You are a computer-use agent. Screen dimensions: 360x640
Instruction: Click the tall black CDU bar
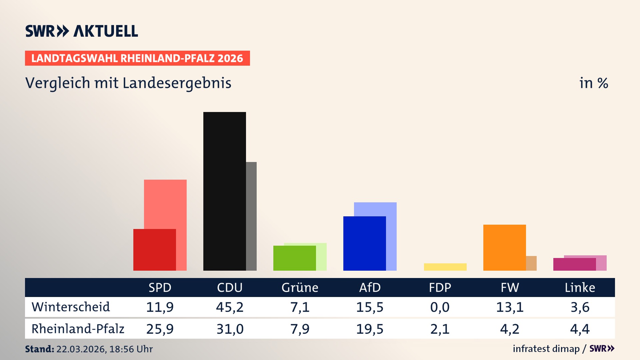(x=224, y=191)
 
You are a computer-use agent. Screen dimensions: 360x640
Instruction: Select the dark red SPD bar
(x=154, y=250)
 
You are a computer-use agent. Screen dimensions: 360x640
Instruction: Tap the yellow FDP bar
(x=445, y=267)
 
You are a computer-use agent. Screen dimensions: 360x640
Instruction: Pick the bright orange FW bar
(x=504, y=247)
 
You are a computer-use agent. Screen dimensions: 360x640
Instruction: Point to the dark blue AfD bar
(x=364, y=243)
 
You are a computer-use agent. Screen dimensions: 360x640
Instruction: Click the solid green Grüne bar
(x=294, y=258)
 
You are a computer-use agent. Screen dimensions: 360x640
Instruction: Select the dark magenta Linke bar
(x=574, y=264)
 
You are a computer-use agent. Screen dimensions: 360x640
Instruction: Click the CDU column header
(x=230, y=288)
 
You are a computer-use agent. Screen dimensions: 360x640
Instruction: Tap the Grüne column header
(x=300, y=288)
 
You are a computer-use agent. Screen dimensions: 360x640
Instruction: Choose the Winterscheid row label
(x=71, y=307)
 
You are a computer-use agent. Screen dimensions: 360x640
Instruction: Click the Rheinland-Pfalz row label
(x=78, y=329)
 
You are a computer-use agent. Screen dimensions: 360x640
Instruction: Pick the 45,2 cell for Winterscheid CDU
(x=230, y=307)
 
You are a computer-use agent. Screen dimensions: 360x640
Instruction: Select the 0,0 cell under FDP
(x=440, y=307)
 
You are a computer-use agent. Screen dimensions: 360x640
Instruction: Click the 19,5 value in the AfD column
(x=370, y=329)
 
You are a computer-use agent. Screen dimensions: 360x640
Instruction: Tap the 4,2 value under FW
(x=510, y=329)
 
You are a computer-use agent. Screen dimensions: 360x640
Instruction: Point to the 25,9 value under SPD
(x=160, y=329)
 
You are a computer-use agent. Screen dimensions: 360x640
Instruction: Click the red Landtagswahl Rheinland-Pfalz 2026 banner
(x=137, y=58)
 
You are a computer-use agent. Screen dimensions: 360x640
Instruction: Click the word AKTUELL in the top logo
(x=106, y=31)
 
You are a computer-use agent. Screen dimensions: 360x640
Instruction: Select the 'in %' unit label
(x=593, y=83)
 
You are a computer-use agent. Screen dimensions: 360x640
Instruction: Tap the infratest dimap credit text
(x=546, y=349)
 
